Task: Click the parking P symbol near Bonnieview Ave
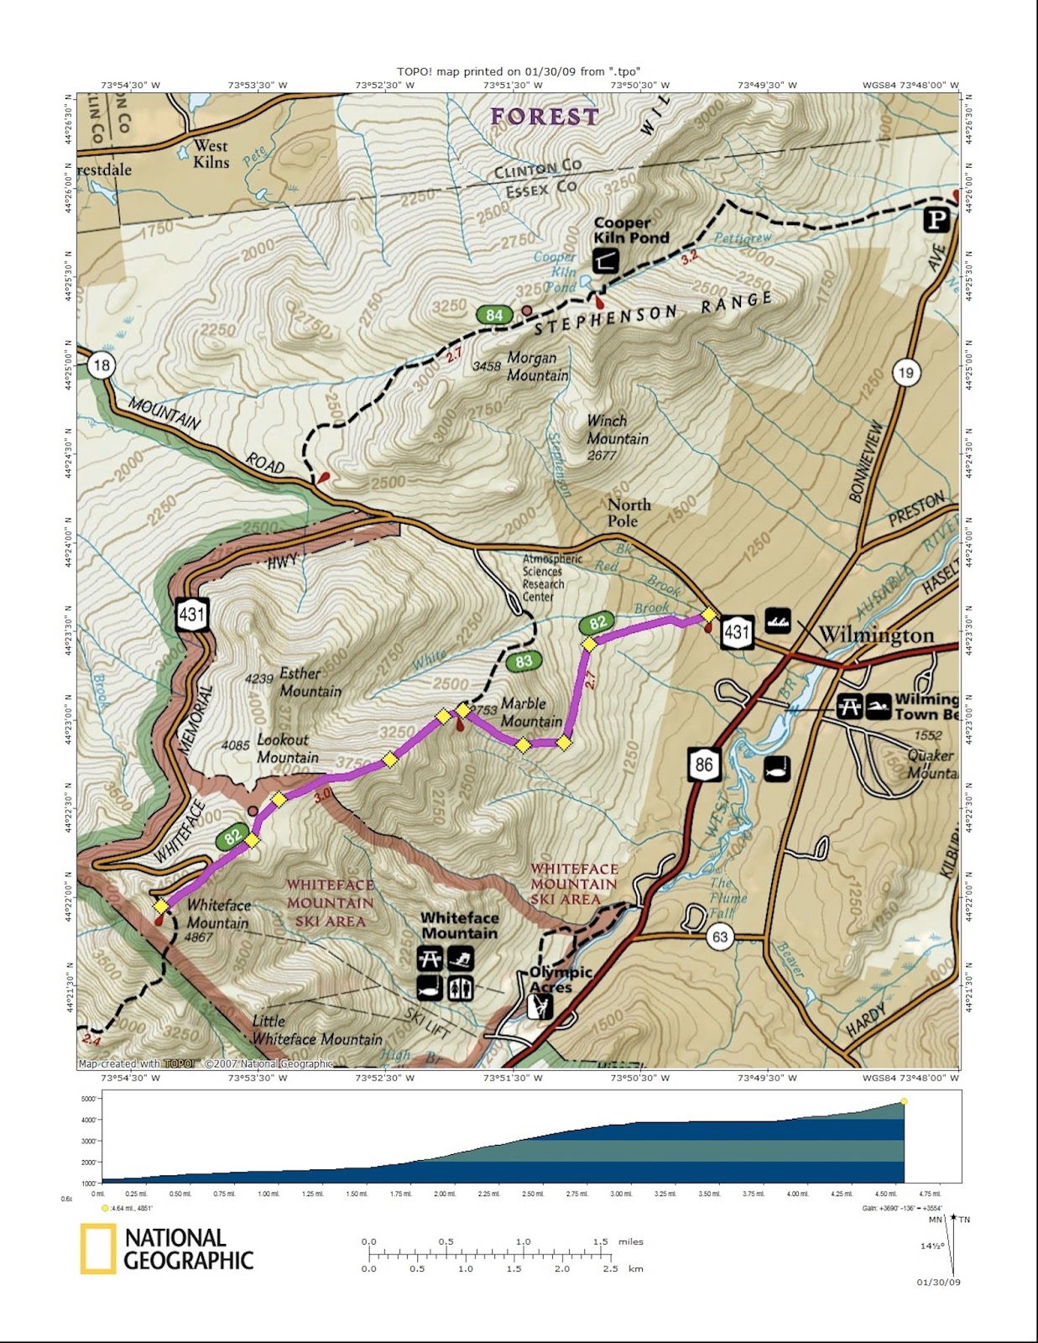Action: [936, 220]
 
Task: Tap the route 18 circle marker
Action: [102, 365]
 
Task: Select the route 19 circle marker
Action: [905, 373]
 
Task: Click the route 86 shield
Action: [703, 764]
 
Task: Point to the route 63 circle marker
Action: [720, 936]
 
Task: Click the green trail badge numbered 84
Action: [494, 316]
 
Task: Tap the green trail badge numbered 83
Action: [524, 661]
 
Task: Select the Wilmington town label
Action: [876, 635]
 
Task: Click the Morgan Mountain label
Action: [537, 367]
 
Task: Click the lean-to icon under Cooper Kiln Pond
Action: [605, 261]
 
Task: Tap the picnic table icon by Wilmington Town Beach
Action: [849, 706]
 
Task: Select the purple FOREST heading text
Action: [545, 117]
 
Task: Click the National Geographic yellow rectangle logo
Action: [97, 1249]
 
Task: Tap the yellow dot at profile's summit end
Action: [904, 1101]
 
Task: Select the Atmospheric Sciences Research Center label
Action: [551, 577]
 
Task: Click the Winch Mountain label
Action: [617, 430]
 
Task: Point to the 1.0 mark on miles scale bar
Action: [523, 1242]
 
